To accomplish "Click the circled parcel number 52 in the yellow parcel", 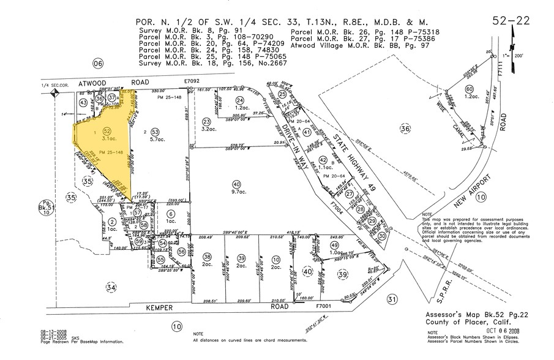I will tap(107, 130).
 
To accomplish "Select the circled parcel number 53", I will tap(155, 132).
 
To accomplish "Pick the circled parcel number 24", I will tap(240, 100).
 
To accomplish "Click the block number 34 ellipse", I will tap(110, 287).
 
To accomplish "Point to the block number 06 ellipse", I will tap(96, 63).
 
